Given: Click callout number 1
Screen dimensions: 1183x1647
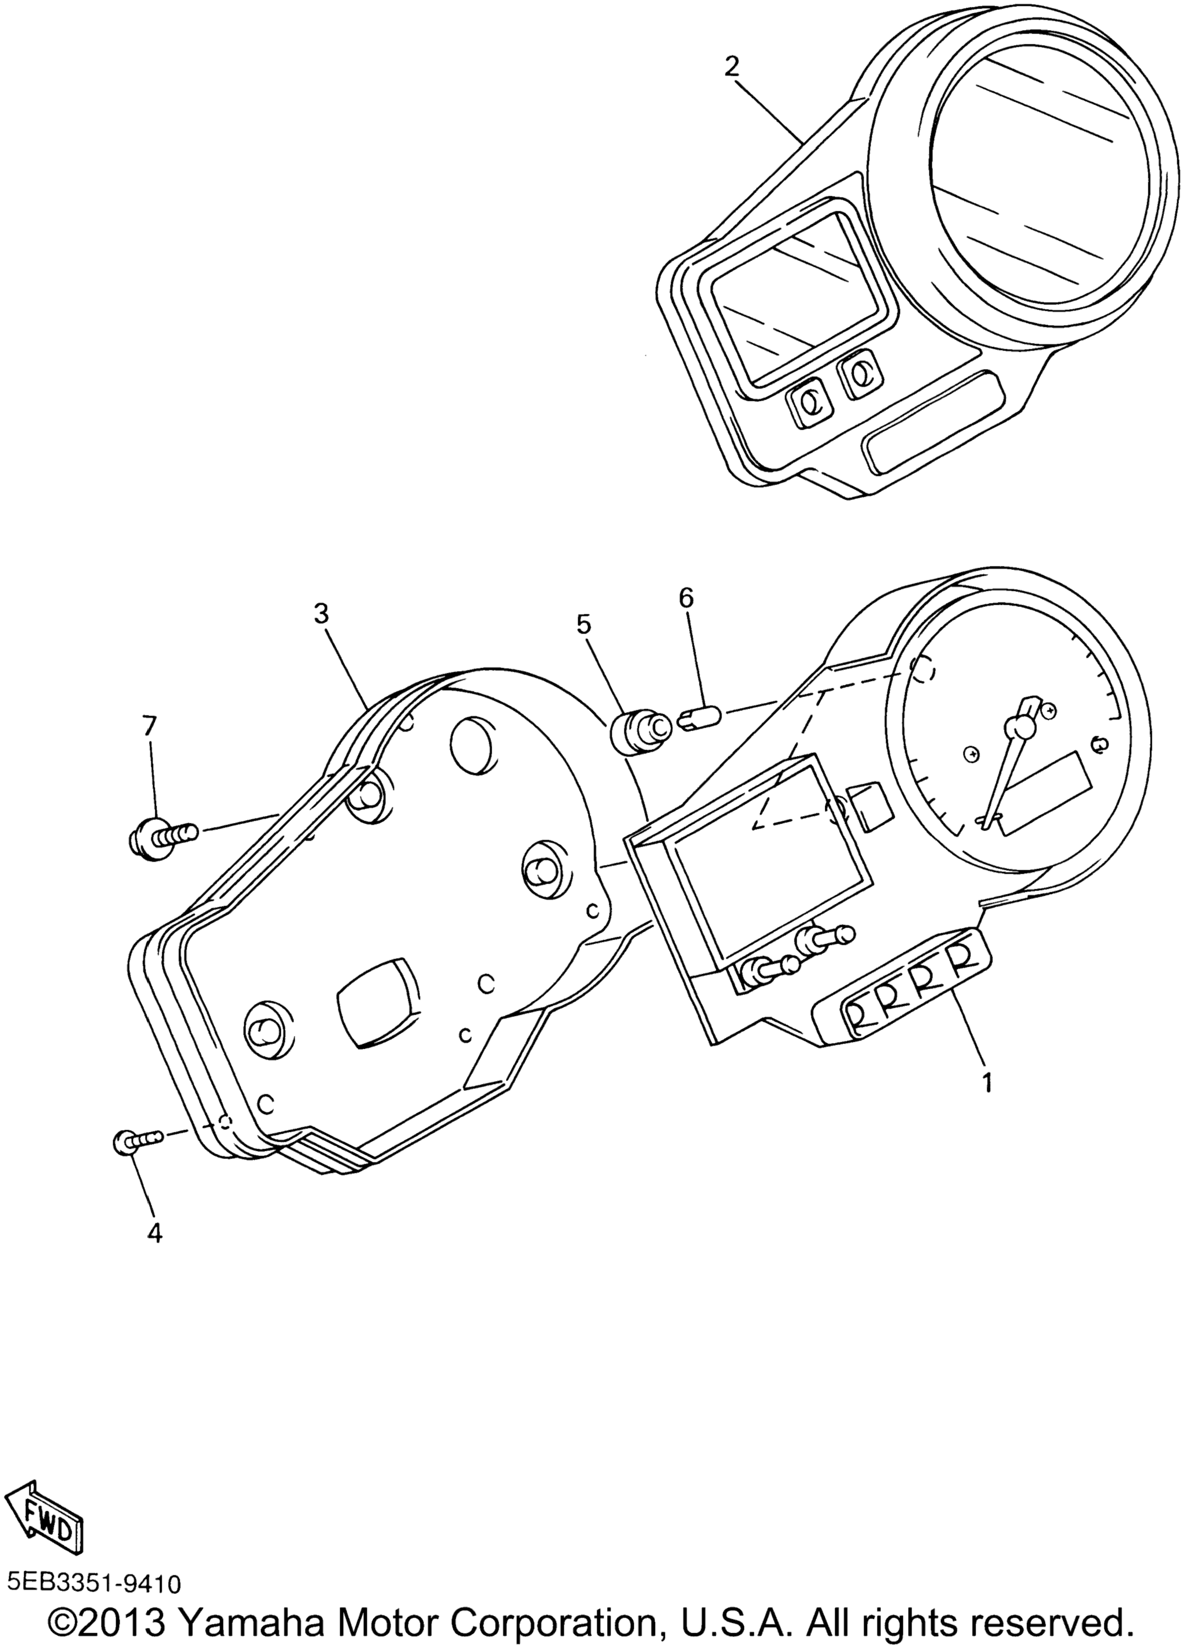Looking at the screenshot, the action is [x=986, y=1103].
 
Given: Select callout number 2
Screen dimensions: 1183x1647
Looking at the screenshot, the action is [x=731, y=67].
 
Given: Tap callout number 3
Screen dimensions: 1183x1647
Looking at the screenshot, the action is [x=322, y=614].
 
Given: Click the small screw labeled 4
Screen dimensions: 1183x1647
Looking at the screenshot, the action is [x=139, y=1142].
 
